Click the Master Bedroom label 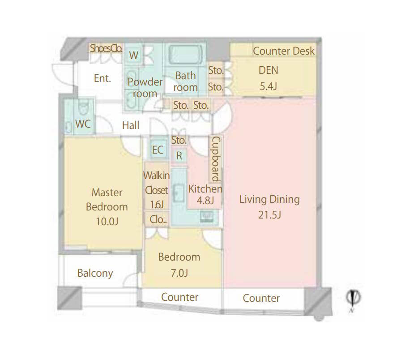click(x=107, y=200)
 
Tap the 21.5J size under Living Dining click(x=269, y=215)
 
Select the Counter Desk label click(x=284, y=51)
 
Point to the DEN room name click(x=268, y=70)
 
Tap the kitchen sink click(x=179, y=193)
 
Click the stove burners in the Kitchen click(x=206, y=217)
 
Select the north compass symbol click(x=353, y=299)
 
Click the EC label click(x=158, y=150)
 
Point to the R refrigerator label click(x=179, y=155)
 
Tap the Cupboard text click(x=216, y=159)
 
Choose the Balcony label click(x=95, y=273)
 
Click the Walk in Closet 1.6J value click(x=157, y=205)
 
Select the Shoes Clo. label click(x=106, y=48)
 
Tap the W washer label click(x=134, y=56)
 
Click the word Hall click(x=131, y=125)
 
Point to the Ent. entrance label click(x=102, y=78)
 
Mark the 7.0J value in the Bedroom click(x=179, y=273)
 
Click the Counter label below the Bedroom click(x=179, y=297)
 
